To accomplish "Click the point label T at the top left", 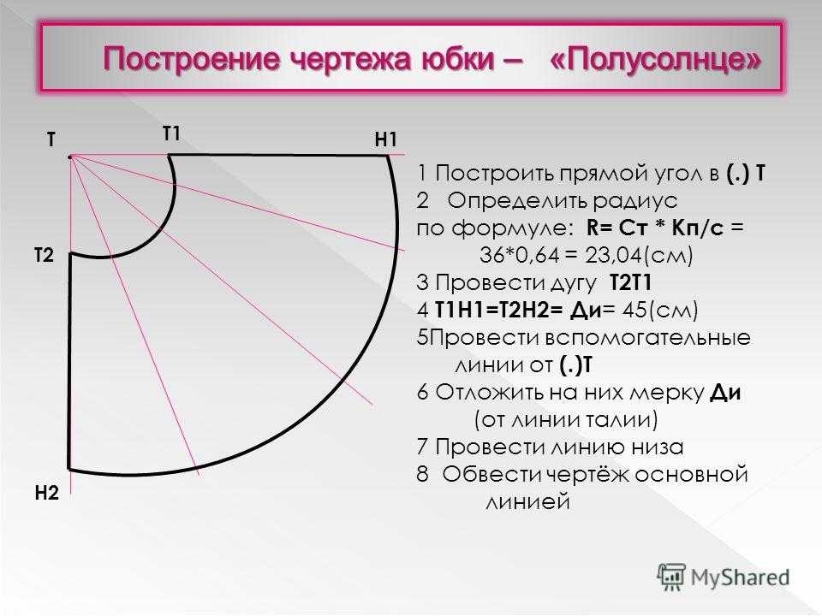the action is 51,139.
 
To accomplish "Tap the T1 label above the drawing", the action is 171,133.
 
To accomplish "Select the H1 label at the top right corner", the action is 386,139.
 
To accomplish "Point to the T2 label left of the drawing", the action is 44,255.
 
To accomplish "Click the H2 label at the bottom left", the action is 46,493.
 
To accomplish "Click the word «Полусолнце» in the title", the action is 655,59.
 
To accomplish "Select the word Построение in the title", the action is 192,59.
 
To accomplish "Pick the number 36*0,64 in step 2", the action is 515,255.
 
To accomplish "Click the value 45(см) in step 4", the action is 660,310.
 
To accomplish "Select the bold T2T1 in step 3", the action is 631,283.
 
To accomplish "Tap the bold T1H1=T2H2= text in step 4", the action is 498,310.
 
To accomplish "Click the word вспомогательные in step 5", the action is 648,337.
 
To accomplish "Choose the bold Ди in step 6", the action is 725,393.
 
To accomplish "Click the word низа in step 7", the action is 658,447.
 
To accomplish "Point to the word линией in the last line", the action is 528,501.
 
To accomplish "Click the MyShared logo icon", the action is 671,577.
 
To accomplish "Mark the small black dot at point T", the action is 69,157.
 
